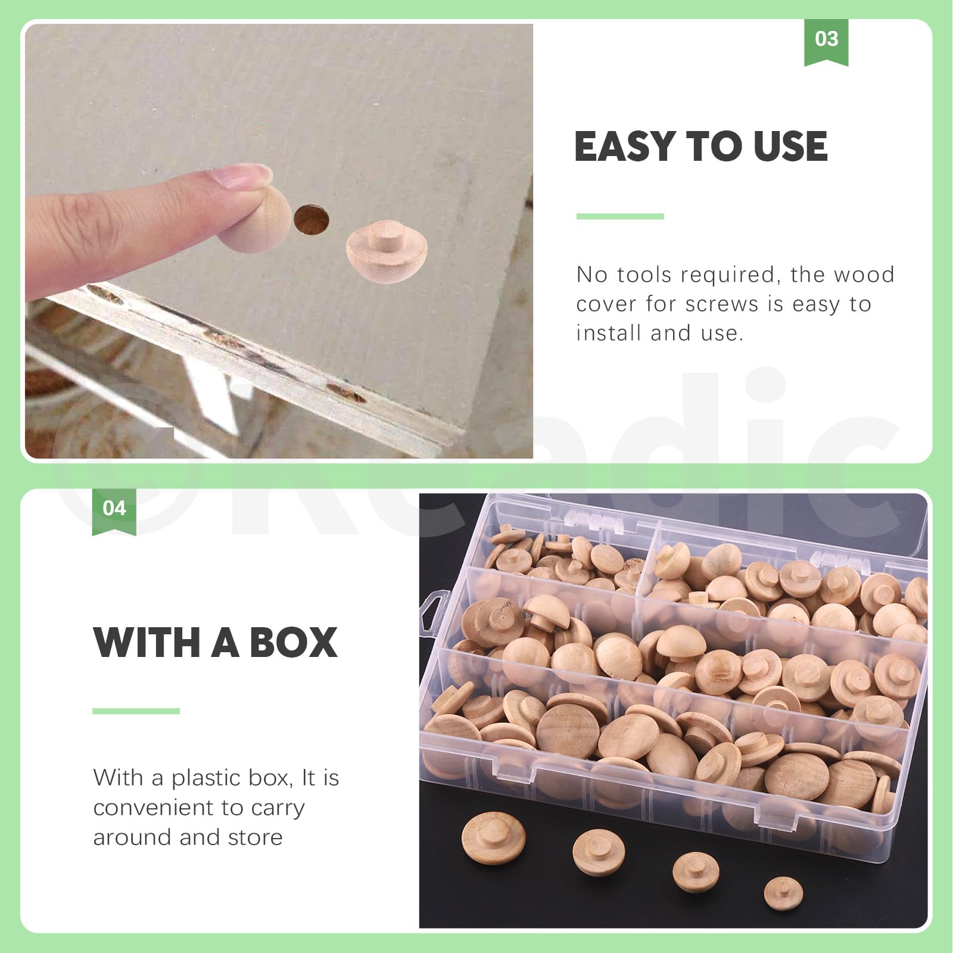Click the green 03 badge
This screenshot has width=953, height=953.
pyautogui.click(x=826, y=41)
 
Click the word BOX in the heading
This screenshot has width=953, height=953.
pyautogui.click(x=293, y=643)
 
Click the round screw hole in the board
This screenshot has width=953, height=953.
pyautogui.click(x=311, y=219)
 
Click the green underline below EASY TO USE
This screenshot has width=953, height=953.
pyautogui.click(x=619, y=216)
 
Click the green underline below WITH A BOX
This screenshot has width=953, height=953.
pyautogui.click(x=136, y=711)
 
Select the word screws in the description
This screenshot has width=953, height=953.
pyautogui.click(x=722, y=304)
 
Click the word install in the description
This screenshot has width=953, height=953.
pyautogui.click(x=609, y=334)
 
